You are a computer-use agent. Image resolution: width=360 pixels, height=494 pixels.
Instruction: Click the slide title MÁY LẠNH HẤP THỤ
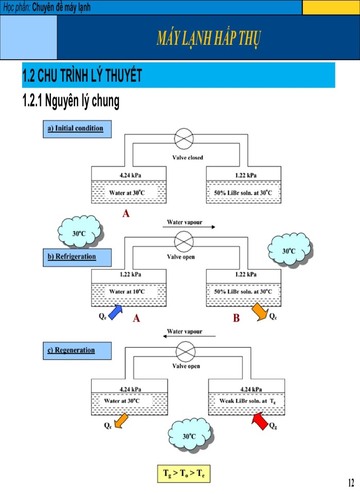[209, 39]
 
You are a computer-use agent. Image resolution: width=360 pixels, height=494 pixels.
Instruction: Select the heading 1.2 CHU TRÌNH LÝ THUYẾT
[82, 76]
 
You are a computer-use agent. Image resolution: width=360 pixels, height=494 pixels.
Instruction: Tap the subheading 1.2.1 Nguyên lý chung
[71, 101]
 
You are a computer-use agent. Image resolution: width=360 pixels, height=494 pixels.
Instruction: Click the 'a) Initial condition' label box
[76, 129]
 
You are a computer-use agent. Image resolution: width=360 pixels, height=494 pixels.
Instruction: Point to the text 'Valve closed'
[188, 157]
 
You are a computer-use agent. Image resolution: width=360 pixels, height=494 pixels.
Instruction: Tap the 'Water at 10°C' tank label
[127, 292]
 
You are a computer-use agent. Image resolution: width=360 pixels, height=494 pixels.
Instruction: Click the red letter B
[236, 319]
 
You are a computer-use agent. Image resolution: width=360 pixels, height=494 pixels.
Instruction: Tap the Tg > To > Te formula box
[184, 473]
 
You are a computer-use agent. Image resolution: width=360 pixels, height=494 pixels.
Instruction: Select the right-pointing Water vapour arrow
[191, 227]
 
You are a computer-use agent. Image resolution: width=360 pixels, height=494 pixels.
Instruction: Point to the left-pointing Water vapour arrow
[189, 336]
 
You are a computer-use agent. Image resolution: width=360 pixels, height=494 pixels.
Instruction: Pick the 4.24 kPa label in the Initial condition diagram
[131, 175]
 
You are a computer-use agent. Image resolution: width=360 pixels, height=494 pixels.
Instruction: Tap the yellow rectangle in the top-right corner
[331, 7]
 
